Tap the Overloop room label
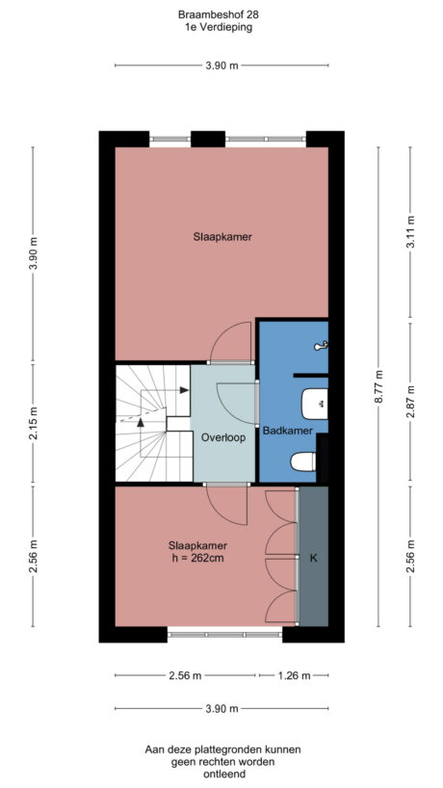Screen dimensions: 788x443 pos(223,436)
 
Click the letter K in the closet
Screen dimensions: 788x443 pos(313,557)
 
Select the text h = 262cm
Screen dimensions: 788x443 pos(196,557)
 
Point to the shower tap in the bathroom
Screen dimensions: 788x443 pos(324,344)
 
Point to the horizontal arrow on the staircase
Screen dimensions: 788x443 pos(178,390)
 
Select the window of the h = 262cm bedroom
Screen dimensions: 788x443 pos(224,635)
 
